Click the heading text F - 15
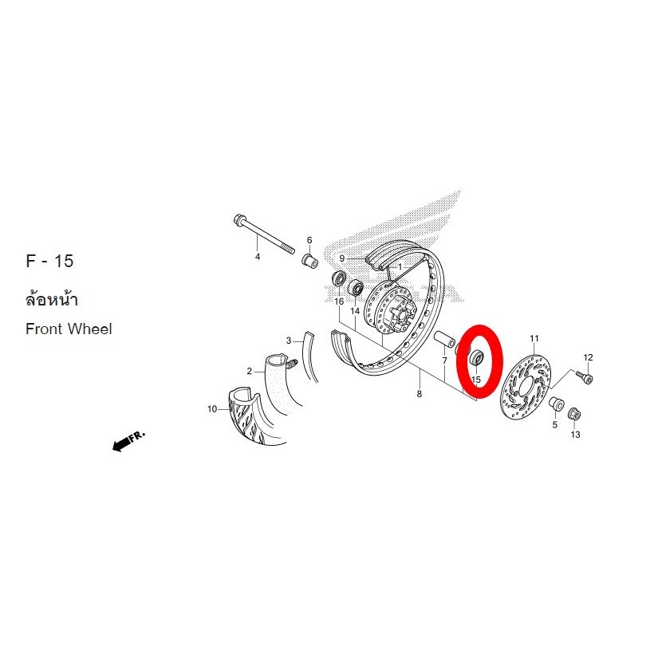coord(49,262)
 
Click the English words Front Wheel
coord(69,329)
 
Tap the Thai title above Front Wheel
coord(52,299)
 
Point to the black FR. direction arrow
coord(128,441)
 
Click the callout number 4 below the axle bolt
coord(258,257)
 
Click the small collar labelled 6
coord(310,261)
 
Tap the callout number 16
coord(339,301)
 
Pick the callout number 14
coord(355,311)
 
